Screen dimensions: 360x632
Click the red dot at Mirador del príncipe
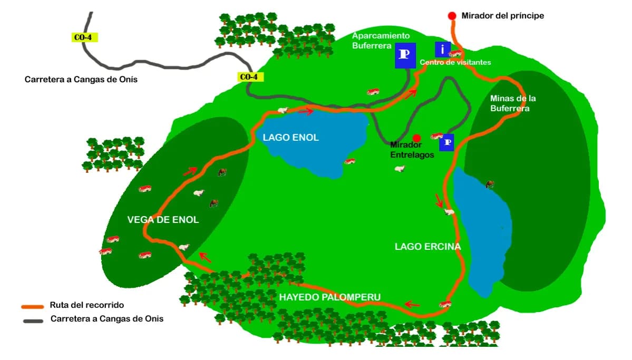[452, 16]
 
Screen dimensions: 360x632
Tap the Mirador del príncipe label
[502, 16]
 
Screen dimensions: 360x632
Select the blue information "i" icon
[442, 50]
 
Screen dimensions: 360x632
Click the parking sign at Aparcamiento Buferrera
[405, 55]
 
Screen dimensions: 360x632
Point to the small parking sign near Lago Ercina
[447, 142]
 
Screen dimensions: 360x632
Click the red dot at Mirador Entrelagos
[416, 137]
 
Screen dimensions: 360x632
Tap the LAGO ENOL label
[290, 138]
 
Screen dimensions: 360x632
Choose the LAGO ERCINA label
[427, 247]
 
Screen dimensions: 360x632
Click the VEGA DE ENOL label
[163, 220]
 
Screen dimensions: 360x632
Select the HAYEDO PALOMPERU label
[329, 297]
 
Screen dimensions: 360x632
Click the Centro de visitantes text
[455, 62]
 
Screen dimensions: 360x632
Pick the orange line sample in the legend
[32, 306]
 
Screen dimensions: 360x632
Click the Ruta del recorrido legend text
[87, 305]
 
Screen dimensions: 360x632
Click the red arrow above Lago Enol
[306, 111]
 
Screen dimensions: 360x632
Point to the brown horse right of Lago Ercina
[490, 184]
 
